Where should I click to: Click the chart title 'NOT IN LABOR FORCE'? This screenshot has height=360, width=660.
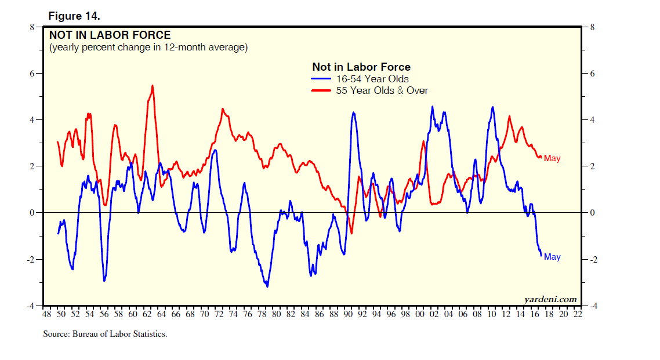click(110, 35)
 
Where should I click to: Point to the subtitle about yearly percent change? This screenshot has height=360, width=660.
click(148, 47)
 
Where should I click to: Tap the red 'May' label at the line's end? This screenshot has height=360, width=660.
click(552, 158)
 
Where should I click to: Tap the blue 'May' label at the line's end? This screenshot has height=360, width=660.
click(552, 257)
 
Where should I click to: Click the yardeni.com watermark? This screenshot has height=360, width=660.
click(550, 299)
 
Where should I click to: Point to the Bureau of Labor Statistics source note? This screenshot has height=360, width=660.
click(105, 334)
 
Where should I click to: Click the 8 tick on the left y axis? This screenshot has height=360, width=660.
click(32, 27)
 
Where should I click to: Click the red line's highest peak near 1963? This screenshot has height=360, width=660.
click(153, 86)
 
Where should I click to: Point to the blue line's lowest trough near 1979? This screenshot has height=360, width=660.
click(267, 286)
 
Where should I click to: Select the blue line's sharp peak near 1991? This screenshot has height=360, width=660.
click(354, 112)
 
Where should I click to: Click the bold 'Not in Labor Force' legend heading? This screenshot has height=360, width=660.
click(361, 67)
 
